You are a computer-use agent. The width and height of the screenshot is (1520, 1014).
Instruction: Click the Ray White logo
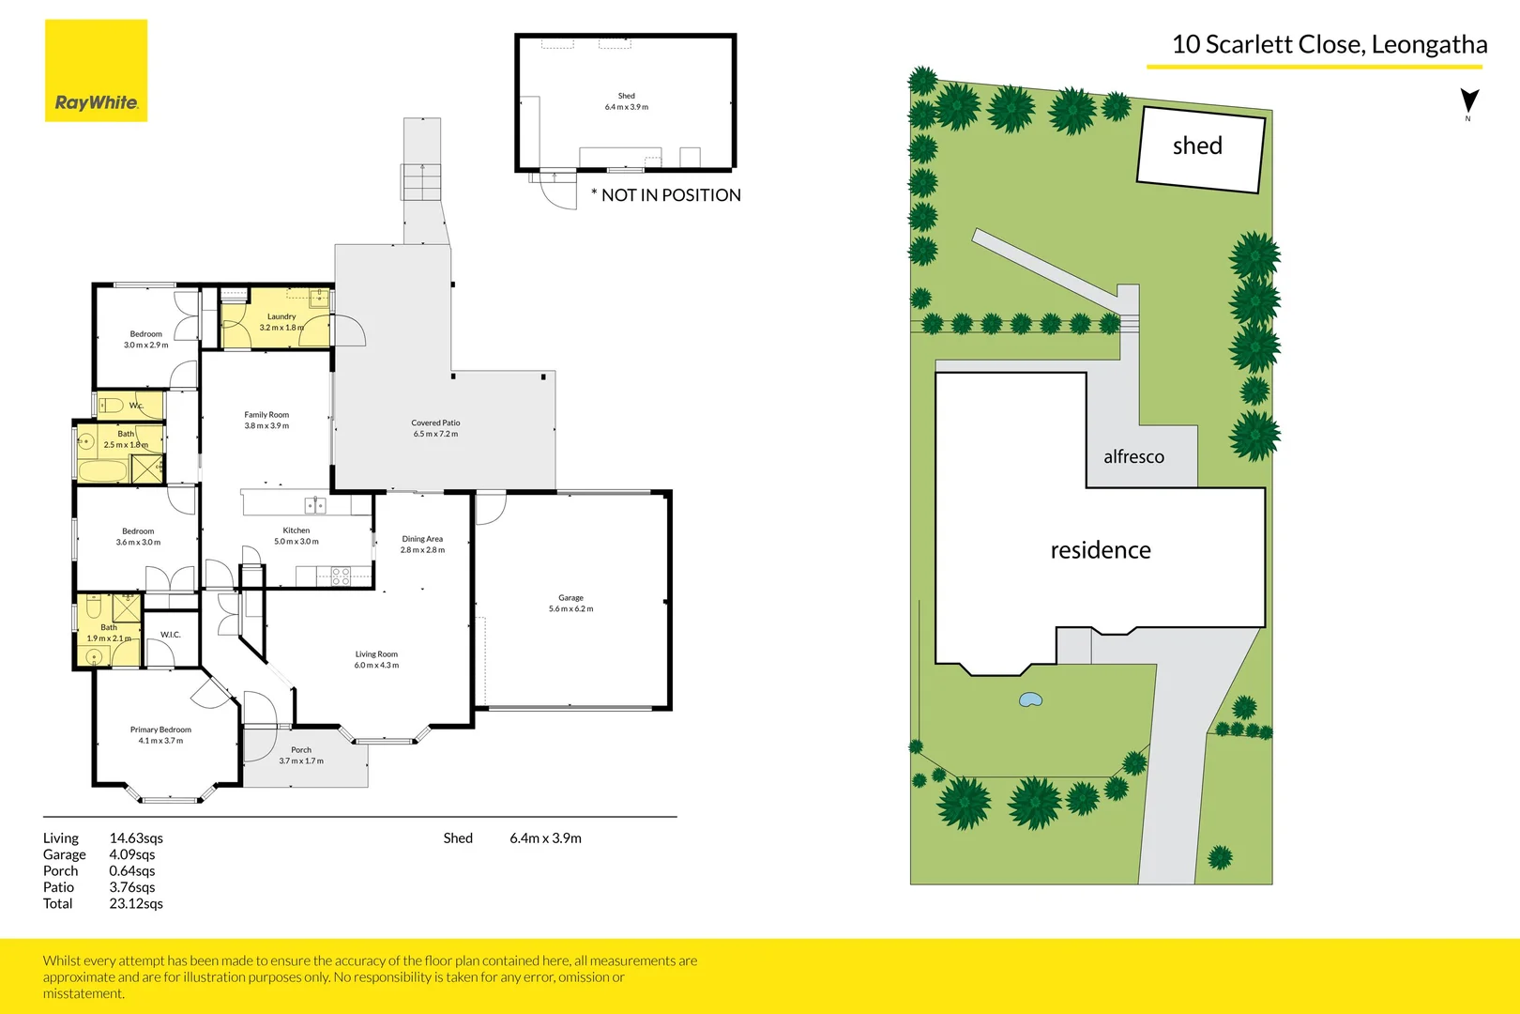click(96, 71)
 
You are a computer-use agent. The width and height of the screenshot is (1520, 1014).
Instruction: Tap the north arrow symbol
click(1469, 101)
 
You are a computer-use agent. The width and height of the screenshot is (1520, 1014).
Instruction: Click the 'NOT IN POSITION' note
click(666, 195)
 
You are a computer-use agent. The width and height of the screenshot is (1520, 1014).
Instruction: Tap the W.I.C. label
click(170, 635)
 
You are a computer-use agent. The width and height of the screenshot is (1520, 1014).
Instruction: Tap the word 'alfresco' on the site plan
click(1133, 457)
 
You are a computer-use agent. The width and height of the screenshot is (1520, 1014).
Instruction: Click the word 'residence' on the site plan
click(1101, 550)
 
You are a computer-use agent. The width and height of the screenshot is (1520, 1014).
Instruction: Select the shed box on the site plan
click(1200, 149)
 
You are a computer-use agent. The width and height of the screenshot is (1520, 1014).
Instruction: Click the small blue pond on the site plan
click(1030, 699)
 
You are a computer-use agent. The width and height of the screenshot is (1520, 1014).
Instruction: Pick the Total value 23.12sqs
click(136, 904)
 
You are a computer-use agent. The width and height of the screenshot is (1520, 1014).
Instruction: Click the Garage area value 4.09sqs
click(132, 854)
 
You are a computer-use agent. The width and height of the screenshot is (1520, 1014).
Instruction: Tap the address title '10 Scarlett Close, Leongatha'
click(1329, 45)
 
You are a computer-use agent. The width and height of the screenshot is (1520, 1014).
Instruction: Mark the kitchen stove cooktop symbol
click(341, 576)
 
